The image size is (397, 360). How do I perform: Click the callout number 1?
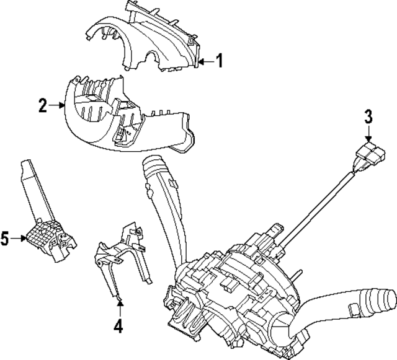[x=219, y=61]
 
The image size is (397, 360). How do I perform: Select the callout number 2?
[x=43, y=105]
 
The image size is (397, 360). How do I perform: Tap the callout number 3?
[x=368, y=116]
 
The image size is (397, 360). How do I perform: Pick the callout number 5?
[x=5, y=239]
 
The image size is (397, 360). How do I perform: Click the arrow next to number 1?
[x=206, y=61]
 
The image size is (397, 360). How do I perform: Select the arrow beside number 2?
[x=56, y=105]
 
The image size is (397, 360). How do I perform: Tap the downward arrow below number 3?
[x=368, y=133]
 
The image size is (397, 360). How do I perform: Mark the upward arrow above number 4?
[x=120, y=307]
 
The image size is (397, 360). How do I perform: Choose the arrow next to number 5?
[x=19, y=238]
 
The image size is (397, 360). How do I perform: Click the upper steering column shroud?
[x=143, y=38]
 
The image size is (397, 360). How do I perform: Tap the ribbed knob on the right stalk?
[x=385, y=300]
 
